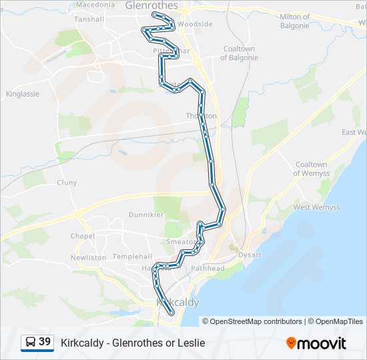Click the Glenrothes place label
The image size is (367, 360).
pyautogui.click(x=151, y=5)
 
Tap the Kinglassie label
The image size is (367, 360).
pyautogui.click(x=23, y=94)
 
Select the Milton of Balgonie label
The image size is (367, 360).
pyautogui.click(x=294, y=21)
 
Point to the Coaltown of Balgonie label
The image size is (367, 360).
pyautogui.click(x=239, y=53)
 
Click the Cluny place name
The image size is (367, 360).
pyautogui.click(x=67, y=183)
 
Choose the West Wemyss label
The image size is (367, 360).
pyautogui.click(x=316, y=207)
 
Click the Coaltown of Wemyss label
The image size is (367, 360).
pyautogui.click(x=312, y=169)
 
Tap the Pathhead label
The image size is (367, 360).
pyautogui.click(x=209, y=268)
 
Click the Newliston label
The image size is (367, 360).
pyautogui.click(x=88, y=257)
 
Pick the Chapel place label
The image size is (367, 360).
pyautogui.click(x=82, y=236)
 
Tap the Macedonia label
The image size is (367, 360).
pyautogui.click(x=95, y=4)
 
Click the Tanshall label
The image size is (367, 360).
pyautogui.click(x=89, y=19)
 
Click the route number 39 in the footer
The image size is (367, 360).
pyautogui.click(x=45, y=342)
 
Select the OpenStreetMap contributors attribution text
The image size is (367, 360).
pyautogui.click(x=256, y=321)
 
